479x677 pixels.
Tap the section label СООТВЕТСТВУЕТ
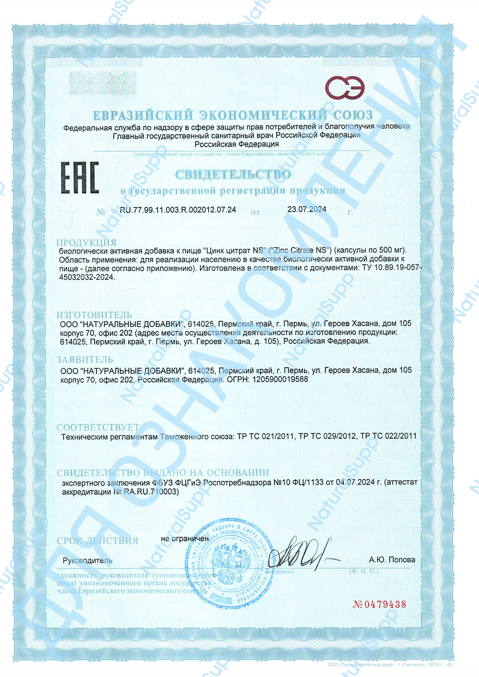98,427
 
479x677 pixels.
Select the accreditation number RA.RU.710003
152,492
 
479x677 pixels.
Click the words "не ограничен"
185,539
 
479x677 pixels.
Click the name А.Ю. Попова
392,560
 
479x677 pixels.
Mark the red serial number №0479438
380,604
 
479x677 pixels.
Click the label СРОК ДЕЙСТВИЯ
97,541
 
